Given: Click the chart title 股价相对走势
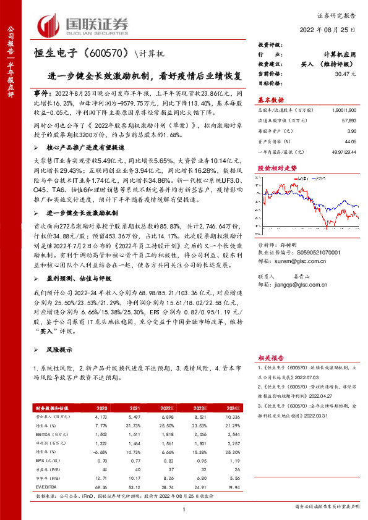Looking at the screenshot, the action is coord(273,167).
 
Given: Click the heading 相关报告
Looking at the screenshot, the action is coord(270,358).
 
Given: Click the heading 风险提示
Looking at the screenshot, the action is coord(59,350).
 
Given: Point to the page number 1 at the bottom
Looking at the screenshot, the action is coord(184,508).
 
